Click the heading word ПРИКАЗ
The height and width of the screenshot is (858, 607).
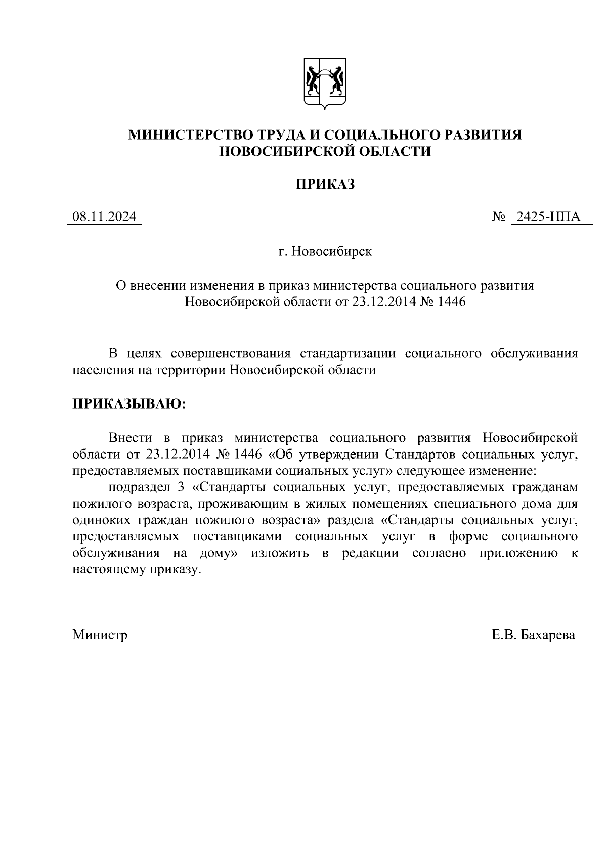click(325, 185)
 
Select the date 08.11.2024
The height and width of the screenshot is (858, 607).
click(104, 217)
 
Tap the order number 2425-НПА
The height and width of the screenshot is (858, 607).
click(552, 217)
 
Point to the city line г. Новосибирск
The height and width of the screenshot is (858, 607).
click(325, 251)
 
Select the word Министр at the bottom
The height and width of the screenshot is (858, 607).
click(100, 635)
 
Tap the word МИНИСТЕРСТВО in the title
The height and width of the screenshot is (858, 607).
click(192, 134)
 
